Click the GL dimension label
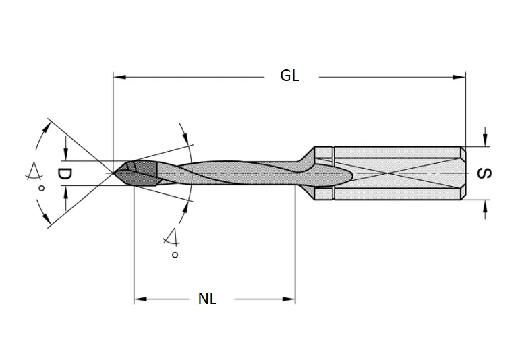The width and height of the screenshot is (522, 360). (x=290, y=76)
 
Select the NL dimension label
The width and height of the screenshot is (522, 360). (x=208, y=299)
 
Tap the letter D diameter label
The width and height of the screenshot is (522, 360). (x=64, y=174)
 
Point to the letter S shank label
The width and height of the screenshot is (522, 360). (x=484, y=173)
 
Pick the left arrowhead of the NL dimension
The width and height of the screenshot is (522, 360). (x=141, y=299)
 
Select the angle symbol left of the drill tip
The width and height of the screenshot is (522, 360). (x=31, y=173)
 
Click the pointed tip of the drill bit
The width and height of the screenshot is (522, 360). (x=115, y=173)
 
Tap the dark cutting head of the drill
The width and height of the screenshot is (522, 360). (x=138, y=173)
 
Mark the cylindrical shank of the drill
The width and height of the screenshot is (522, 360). (x=398, y=173)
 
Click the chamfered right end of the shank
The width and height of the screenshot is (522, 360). (x=463, y=173)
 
